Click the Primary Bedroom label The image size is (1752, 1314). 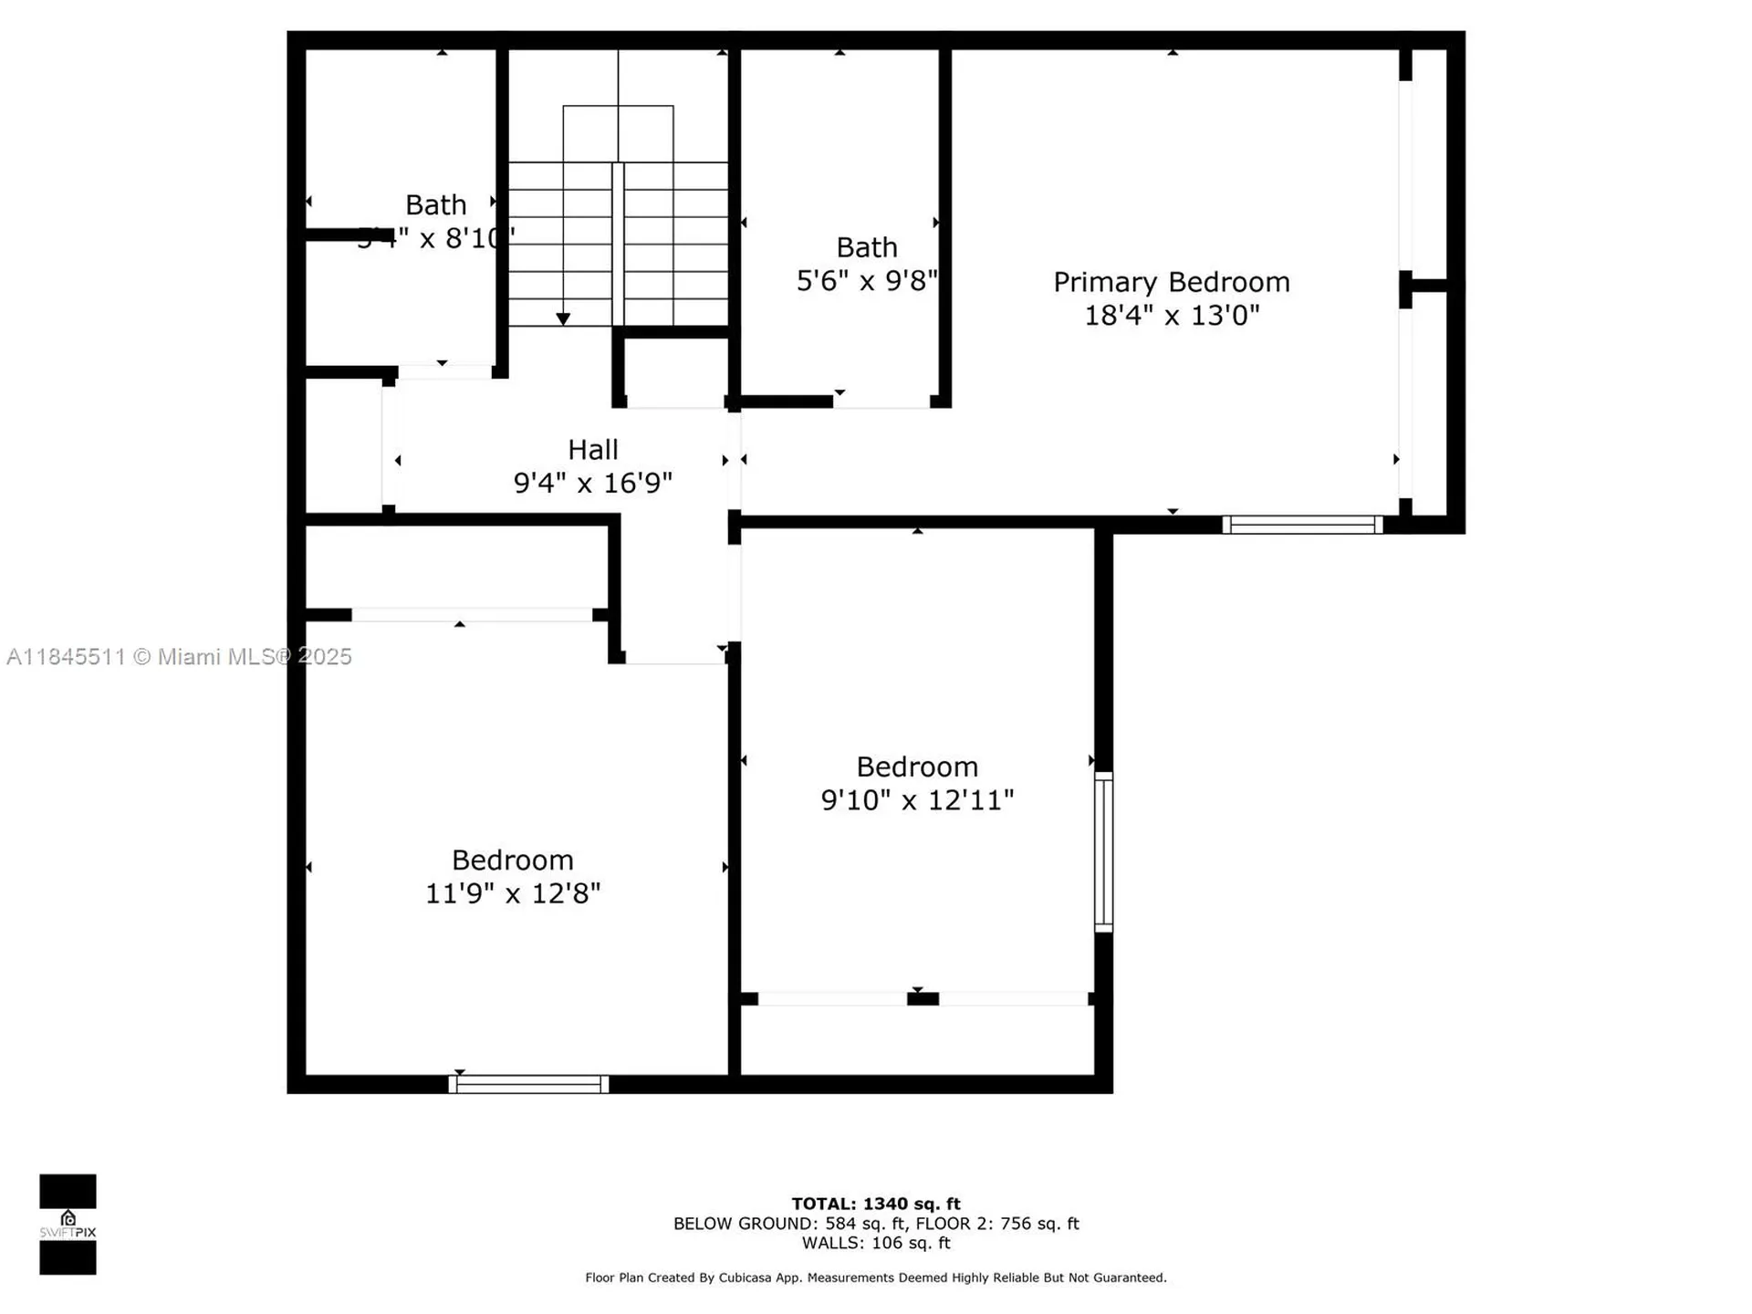(1171, 282)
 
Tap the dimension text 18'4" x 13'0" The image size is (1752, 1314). (1171, 316)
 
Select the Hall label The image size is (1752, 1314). (592, 450)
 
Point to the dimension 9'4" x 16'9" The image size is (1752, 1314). (592, 483)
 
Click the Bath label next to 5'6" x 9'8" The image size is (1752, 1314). (866, 247)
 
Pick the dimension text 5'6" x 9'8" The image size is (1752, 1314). (866, 281)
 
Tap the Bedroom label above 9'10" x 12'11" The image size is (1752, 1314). (916, 766)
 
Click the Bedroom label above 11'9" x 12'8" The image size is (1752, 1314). (512, 860)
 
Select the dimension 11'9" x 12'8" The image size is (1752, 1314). (512, 893)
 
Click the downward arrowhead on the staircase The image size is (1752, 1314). (563, 318)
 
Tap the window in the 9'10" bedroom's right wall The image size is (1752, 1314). (1103, 851)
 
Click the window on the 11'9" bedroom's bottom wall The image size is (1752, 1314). (528, 1084)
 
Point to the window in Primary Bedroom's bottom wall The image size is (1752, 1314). (1302, 525)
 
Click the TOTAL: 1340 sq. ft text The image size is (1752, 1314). (875, 1204)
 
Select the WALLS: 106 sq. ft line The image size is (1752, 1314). (875, 1243)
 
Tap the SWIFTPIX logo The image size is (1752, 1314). (68, 1224)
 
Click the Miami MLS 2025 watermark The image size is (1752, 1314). (179, 656)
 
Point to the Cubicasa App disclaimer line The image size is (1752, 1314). (875, 1277)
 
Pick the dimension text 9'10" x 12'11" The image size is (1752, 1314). (916, 800)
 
